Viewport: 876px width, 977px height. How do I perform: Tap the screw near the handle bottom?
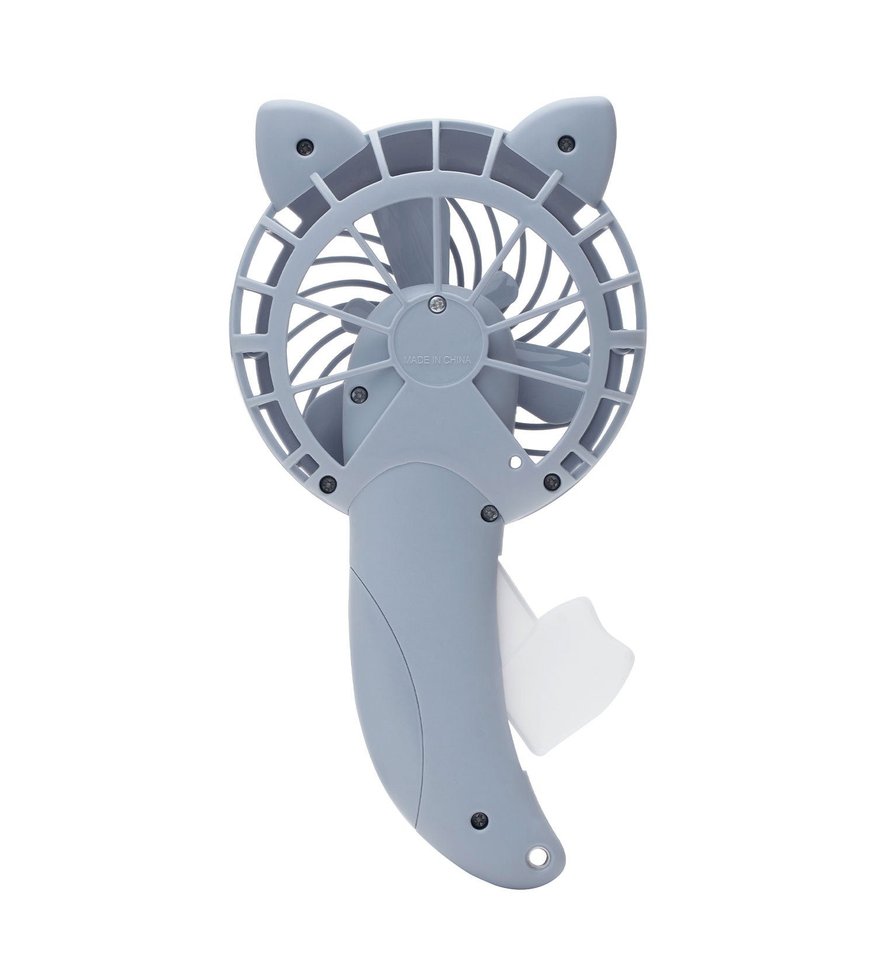tap(480, 819)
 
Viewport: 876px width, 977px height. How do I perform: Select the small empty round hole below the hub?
tap(515, 463)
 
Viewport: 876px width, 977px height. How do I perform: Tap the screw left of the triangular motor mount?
tap(357, 396)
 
